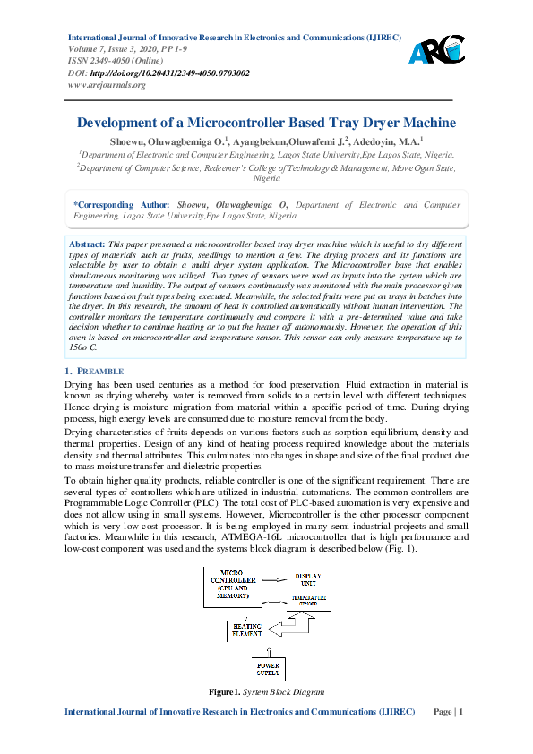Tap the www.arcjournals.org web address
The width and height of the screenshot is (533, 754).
coord(107,84)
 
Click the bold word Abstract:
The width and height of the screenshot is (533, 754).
coord(87,244)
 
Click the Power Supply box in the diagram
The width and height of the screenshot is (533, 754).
coord(268,666)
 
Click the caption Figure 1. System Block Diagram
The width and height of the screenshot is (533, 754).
coord(266,718)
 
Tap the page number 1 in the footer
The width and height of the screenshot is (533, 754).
coord(460,737)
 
